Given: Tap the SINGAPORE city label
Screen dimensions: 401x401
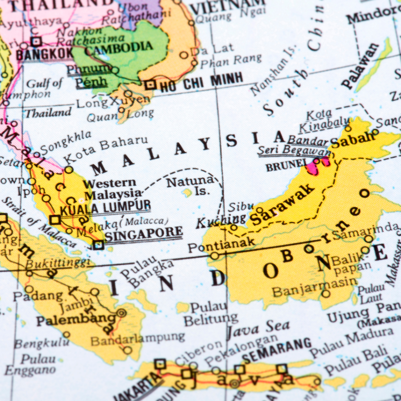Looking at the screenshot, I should [144, 234].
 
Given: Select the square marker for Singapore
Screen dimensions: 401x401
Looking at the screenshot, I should [98, 245].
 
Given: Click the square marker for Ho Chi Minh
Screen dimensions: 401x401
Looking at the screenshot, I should [150, 85].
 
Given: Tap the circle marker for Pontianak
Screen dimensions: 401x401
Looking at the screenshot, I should [215, 256].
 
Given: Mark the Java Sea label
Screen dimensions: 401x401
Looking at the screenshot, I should [258, 328].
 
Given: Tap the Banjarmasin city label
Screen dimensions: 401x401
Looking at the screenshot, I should [315, 289].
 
